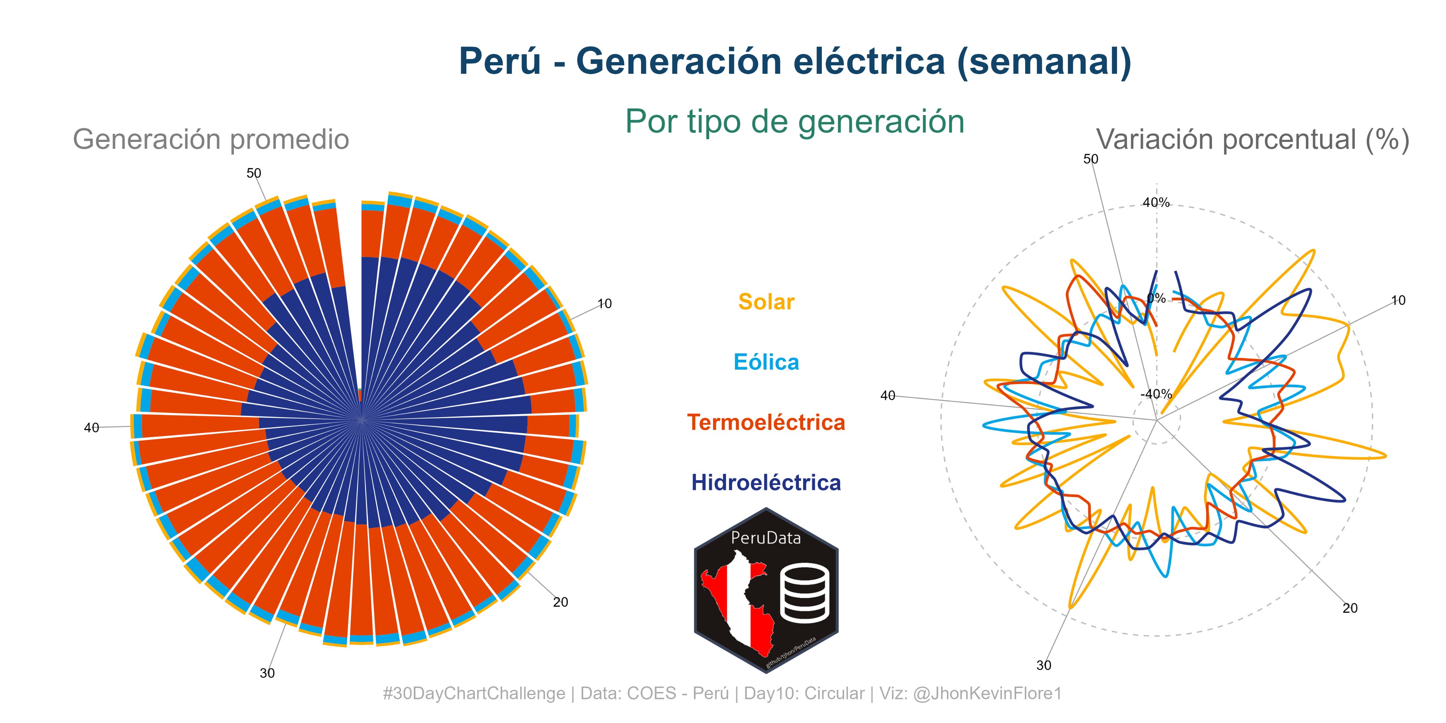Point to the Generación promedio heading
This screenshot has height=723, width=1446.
pyautogui.click(x=211, y=139)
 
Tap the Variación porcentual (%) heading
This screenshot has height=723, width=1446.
pyautogui.click(x=1252, y=139)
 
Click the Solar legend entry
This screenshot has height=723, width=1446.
pyautogui.click(x=766, y=302)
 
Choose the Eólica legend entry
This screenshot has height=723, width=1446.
pyautogui.click(x=766, y=362)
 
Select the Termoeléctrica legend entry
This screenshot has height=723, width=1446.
pyautogui.click(x=766, y=422)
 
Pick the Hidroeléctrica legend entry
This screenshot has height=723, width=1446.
pyautogui.click(x=766, y=483)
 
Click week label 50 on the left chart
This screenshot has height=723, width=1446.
pyautogui.click(x=254, y=173)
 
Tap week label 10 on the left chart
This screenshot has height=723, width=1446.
pyautogui.click(x=604, y=304)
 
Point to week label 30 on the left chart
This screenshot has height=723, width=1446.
pyautogui.click(x=267, y=673)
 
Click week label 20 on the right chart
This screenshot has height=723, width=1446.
pyautogui.click(x=1350, y=608)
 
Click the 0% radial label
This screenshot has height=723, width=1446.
pyautogui.click(x=1157, y=298)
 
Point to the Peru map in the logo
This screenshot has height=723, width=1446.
pyautogui.click(x=736, y=603)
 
